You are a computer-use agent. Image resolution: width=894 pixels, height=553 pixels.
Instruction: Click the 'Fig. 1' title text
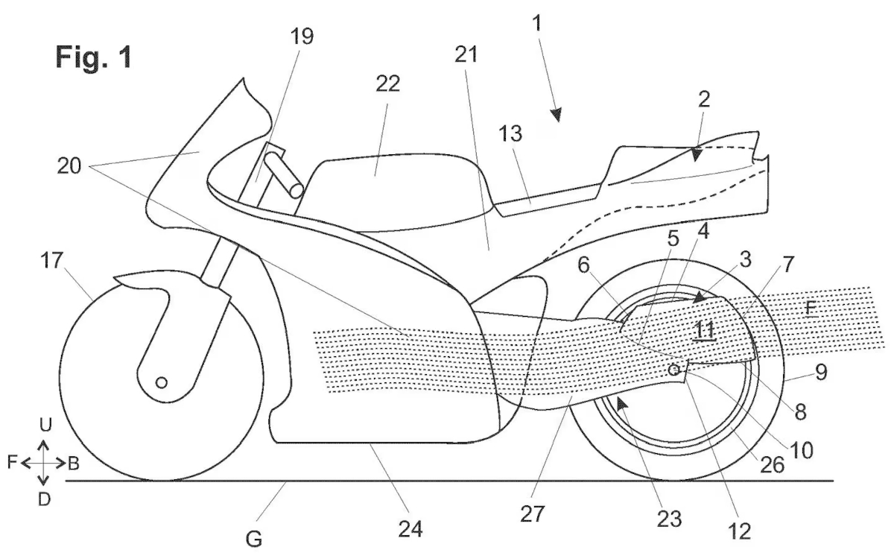[x=95, y=57]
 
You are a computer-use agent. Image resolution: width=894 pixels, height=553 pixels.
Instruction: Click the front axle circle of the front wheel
[x=161, y=382]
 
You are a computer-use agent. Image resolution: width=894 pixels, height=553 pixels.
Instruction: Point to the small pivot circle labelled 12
[x=673, y=369]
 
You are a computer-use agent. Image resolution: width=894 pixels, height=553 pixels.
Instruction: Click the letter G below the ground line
[x=254, y=539]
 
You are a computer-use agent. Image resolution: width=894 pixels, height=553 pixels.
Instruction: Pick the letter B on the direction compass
[x=74, y=463]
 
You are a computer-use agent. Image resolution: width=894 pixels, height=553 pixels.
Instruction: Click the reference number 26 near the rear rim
[x=771, y=464]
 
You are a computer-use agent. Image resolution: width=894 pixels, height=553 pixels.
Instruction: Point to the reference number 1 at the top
[x=538, y=23]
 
